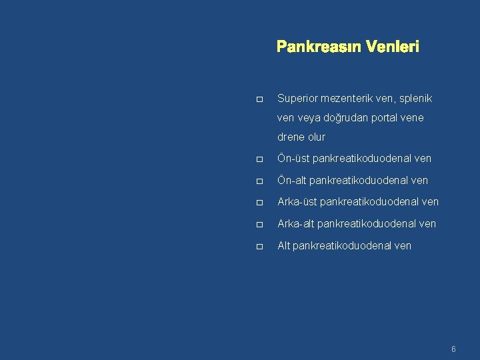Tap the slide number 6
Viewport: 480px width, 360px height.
tap(453, 349)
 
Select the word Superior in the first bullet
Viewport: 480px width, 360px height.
tap(298, 98)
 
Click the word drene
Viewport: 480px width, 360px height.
tap(291, 137)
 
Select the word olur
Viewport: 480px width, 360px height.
tap(317, 137)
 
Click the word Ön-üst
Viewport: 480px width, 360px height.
tap(293, 159)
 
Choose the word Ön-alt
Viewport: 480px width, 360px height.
tap(291, 180)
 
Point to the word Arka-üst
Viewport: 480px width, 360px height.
tap(297, 201)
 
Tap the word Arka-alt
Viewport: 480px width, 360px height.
tap(296, 223)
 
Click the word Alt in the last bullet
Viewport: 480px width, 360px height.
tap(283, 245)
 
